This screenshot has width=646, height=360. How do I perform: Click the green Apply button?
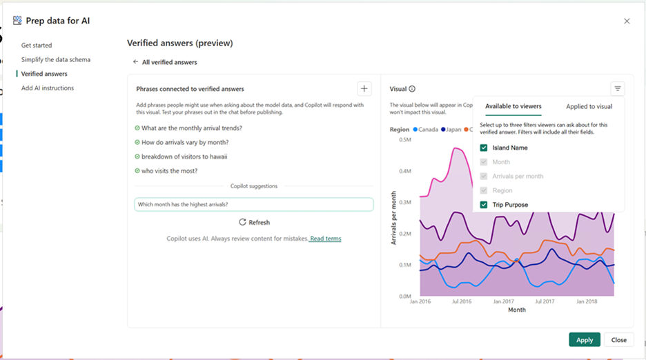click(x=584, y=340)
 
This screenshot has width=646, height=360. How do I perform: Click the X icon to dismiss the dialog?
click(x=627, y=21)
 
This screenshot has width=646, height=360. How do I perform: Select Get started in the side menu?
click(x=37, y=46)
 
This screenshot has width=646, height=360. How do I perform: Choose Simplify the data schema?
click(x=55, y=60)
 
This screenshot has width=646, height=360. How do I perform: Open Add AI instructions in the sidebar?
click(x=47, y=88)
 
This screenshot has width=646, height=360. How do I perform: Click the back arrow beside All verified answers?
click(x=136, y=62)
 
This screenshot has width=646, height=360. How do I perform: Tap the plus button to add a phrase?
click(x=364, y=88)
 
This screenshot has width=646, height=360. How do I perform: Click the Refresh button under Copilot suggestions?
click(x=254, y=222)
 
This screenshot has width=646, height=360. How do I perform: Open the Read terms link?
click(x=325, y=239)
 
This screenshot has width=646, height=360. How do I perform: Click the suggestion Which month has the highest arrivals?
click(x=253, y=204)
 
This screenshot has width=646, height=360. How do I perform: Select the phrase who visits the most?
click(x=169, y=171)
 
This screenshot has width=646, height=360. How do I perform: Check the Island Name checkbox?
click(x=484, y=148)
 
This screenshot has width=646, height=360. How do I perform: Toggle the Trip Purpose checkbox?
click(x=484, y=205)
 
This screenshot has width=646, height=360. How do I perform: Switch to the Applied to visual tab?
click(x=589, y=107)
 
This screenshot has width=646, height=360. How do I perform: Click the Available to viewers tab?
click(x=513, y=107)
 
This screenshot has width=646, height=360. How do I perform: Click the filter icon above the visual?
click(x=618, y=88)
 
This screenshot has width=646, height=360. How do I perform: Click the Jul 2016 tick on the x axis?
click(x=462, y=301)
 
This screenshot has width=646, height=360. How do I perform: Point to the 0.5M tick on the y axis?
click(x=405, y=140)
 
